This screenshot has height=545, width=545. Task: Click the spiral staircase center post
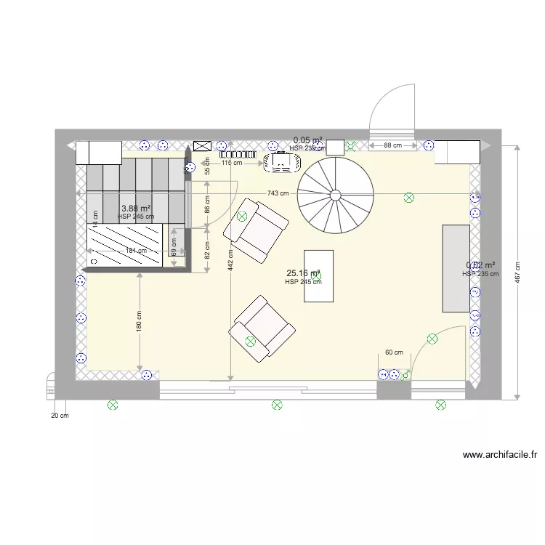pos(335,195)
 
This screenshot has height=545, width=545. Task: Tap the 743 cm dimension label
pos(278,193)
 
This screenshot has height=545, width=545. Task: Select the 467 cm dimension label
pos(517,273)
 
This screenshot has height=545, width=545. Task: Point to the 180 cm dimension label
pos(139,320)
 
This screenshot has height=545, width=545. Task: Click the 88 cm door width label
pos(392,145)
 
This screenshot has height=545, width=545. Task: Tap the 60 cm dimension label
pos(394,352)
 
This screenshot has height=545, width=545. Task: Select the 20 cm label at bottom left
pos(60,416)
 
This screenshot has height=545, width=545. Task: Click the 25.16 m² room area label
pos(303,274)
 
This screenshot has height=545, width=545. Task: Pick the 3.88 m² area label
pos(136,208)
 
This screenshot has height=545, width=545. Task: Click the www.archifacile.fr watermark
pos(500,456)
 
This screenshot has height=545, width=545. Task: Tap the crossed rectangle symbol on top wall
pos(202,146)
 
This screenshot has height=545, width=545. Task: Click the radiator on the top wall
pos(238,154)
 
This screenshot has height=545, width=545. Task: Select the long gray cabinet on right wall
pos(456,268)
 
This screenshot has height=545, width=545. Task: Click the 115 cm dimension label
pos(232,163)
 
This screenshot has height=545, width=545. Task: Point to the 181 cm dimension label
pos(136,251)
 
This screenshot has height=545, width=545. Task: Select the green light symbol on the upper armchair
pos(242,216)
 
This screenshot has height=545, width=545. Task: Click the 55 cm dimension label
pos(207,166)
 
